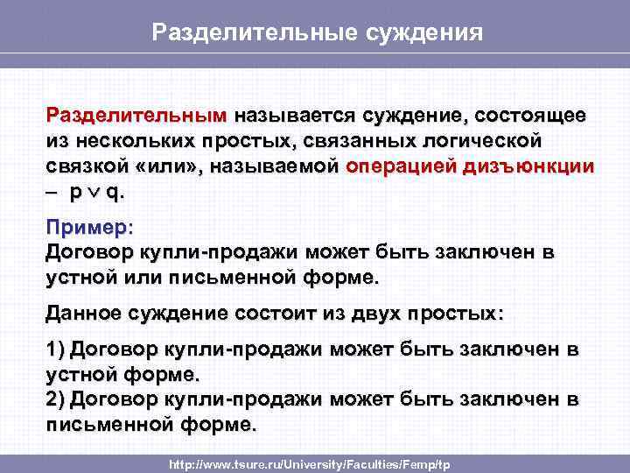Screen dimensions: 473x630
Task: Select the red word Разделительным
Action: (x=136, y=116)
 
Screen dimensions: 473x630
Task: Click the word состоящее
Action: (x=531, y=116)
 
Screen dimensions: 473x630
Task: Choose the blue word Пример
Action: (x=86, y=227)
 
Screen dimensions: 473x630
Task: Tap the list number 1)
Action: (x=56, y=349)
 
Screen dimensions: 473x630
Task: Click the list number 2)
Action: (x=56, y=399)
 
